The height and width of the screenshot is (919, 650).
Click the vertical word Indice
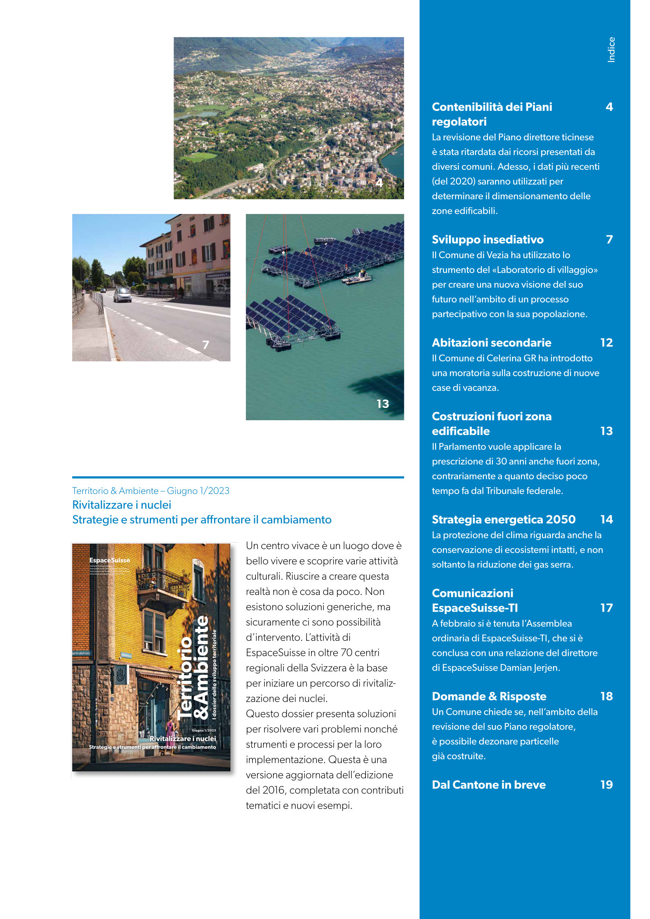(611, 50)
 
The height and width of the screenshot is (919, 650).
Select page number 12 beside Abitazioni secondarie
(606, 342)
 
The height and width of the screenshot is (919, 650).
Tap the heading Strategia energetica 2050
(503, 519)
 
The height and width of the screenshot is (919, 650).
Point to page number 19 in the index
(606, 784)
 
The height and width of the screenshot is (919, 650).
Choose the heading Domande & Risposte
(489, 696)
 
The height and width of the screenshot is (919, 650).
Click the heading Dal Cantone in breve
(488, 784)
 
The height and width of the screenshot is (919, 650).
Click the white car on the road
(122, 295)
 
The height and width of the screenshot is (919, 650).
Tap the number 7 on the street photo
(205, 345)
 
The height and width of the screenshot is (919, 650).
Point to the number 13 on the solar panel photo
(383, 404)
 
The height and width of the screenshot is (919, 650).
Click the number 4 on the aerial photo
(379, 182)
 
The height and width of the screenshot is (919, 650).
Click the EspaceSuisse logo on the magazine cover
(109, 560)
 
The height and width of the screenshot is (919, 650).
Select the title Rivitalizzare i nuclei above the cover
(122, 505)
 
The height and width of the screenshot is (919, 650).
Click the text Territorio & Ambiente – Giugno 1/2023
(151, 491)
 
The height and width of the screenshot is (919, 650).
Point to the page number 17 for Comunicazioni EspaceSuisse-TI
(606, 608)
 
